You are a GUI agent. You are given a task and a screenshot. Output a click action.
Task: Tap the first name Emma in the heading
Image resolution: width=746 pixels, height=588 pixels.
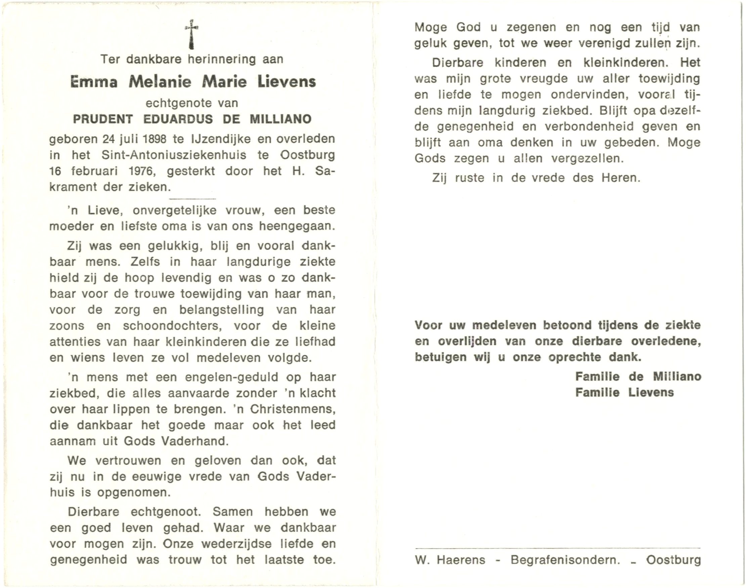(94, 82)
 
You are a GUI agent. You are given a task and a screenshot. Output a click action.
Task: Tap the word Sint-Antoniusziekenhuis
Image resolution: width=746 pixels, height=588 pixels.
(174, 155)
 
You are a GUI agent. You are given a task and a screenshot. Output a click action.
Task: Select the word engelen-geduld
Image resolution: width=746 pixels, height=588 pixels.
(231, 377)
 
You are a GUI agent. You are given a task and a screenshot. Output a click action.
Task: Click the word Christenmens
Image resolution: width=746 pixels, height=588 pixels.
(293, 409)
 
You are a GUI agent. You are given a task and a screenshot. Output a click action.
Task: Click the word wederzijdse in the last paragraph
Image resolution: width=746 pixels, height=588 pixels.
(237, 544)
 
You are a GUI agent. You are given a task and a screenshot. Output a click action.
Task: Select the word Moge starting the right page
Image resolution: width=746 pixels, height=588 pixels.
(431, 27)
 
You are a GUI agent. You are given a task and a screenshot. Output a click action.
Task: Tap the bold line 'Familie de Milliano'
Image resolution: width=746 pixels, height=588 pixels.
(638, 377)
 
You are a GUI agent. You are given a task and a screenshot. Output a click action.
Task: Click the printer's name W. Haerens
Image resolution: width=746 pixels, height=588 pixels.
(450, 560)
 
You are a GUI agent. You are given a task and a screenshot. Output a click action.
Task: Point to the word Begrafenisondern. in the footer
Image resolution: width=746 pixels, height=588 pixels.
(565, 560)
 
